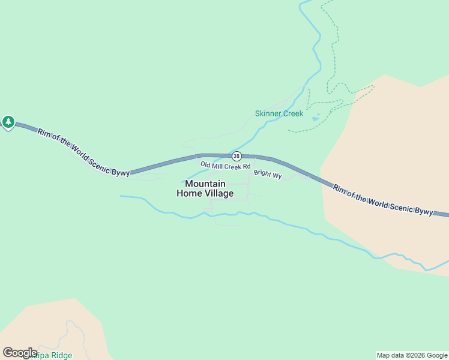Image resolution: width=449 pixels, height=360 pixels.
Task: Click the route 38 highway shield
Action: (x=237, y=156)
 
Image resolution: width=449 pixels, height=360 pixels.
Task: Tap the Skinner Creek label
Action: (x=279, y=113)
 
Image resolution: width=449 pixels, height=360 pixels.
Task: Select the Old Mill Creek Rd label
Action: (x=225, y=165)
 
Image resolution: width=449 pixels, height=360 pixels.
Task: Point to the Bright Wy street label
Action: (x=268, y=175)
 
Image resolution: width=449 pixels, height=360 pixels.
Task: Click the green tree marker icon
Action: (x=8, y=122)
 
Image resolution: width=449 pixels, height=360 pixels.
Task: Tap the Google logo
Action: (x=20, y=353)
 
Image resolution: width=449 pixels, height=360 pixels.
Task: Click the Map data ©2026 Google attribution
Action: (x=412, y=355)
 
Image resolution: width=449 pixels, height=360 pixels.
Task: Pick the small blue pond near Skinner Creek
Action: (x=316, y=118)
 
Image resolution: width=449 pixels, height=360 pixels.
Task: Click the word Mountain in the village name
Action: (x=205, y=184)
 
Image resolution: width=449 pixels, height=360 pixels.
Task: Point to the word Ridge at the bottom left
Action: (x=61, y=355)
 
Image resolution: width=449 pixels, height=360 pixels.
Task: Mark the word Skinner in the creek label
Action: (x=268, y=113)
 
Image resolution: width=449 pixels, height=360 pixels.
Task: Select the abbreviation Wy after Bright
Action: (x=277, y=176)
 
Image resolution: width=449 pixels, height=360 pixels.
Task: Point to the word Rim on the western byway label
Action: (x=43, y=133)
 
